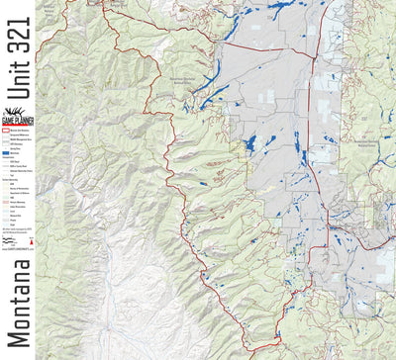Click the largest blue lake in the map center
[248, 144]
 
